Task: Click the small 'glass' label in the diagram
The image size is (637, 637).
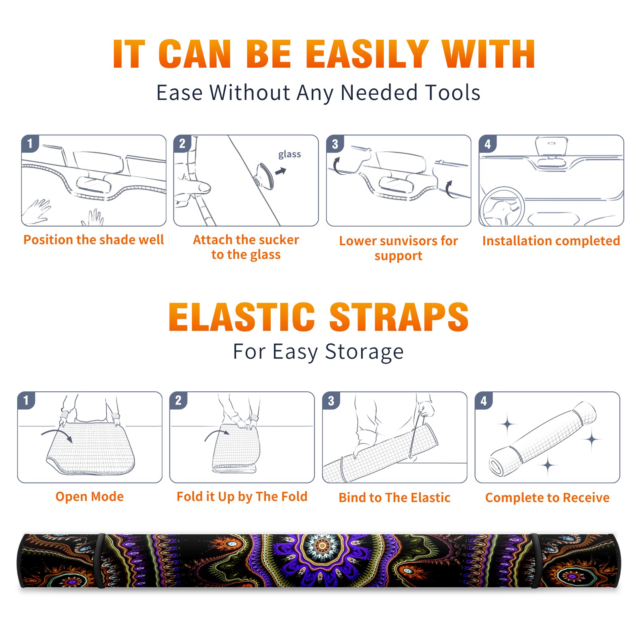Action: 289,154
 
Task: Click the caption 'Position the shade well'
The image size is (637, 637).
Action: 94,240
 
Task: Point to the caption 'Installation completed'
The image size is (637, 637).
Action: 551,240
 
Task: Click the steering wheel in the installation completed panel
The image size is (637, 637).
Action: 502,207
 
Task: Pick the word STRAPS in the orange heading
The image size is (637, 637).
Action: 399,317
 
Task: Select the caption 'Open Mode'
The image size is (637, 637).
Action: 90,496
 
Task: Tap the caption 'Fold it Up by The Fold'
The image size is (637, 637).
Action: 242,496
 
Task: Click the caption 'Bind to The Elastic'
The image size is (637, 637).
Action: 395,498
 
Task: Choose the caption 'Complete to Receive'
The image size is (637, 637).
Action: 547,498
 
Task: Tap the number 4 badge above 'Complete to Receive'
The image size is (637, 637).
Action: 484,401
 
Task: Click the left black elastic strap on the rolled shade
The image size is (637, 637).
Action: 100,561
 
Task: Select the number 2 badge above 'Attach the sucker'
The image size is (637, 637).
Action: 182,144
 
